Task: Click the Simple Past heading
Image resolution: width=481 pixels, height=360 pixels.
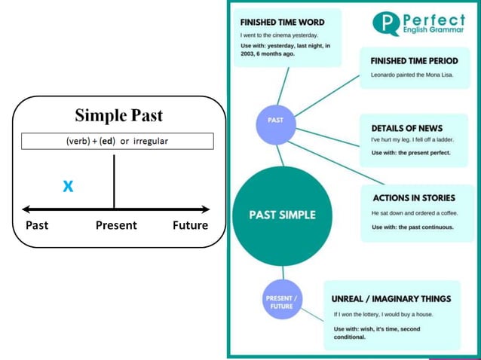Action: coord(118,116)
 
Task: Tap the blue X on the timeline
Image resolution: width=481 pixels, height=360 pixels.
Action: coord(68,186)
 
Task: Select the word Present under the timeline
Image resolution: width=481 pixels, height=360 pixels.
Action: coord(116,225)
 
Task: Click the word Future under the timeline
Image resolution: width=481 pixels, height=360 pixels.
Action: coord(190,225)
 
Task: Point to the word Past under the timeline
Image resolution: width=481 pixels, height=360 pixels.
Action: coord(37,225)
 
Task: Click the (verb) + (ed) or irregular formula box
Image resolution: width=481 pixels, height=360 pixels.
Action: coord(117,141)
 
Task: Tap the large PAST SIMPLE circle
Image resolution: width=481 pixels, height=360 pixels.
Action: coord(283,215)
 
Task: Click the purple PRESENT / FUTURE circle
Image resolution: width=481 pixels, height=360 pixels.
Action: coord(282,301)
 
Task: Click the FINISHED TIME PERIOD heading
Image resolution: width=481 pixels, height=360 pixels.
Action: coord(414,60)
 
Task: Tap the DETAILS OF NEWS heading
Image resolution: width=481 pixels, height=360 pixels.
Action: coord(407,128)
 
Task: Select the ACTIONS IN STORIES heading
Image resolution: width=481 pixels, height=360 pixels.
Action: coord(414,198)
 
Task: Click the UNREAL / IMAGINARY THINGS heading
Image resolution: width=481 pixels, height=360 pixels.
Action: coord(391,299)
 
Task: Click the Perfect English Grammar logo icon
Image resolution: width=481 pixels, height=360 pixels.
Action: coord(386,23)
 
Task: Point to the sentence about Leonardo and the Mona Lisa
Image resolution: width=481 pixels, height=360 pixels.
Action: coord(412,75)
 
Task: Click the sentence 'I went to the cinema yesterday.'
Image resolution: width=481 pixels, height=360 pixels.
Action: coord(279,35)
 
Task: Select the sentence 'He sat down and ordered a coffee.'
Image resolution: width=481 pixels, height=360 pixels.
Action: coord(413,213)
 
